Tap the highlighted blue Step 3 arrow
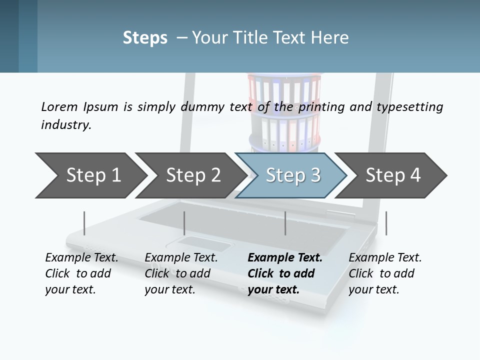click(292, 175)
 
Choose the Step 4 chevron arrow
click(393, 175)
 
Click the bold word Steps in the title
click(145, 38)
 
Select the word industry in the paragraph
click(65, 125)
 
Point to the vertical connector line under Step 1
click(84, 223)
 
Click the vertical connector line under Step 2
click(184, 223)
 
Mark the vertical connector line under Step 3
click(285, 223)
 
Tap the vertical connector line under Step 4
click(386, 223)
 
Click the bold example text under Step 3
click(284, 273)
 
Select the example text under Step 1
click(81, 273)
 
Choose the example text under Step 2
click(181, 273)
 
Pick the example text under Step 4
click(384, 273)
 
